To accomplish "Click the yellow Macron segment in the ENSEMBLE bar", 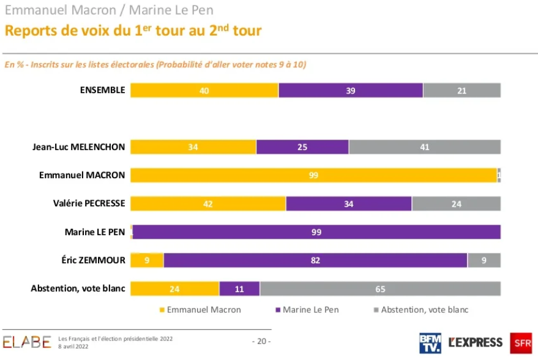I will tap(204, 90).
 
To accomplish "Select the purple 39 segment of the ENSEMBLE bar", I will tap(351, 90).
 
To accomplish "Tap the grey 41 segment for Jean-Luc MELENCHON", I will tap(425, 147).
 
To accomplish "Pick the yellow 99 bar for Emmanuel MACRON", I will tap(313, 175).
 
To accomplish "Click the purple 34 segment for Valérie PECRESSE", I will tap(349, 204).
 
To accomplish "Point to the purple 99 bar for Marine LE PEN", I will tap(316, 232).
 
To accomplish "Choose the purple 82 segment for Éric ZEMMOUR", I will tap(315, 260).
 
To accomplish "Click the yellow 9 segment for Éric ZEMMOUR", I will tap(147, 260).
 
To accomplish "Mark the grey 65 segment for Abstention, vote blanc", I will tap(380, 288).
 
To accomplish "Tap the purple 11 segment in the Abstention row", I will tap(239, 288).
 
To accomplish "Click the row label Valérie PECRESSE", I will tap(86, 204).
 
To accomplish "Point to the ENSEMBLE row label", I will tap(102, 90).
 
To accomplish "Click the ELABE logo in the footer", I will tap(27, 342).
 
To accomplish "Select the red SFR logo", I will tap(521, 343).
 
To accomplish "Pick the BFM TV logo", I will tap(430, 343).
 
